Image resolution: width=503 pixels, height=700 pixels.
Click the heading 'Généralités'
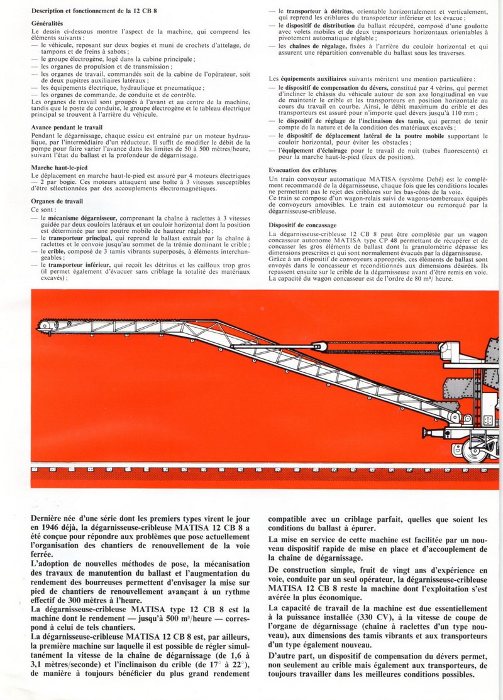(x=51, y=23)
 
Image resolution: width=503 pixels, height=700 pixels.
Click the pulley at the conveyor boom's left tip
(x=44, y=325)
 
